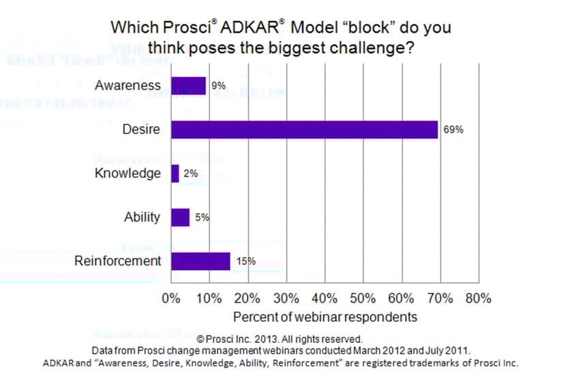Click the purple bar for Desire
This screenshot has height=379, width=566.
304,130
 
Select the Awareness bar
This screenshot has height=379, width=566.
188,86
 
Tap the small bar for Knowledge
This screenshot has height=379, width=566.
175,174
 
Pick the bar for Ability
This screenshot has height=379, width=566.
180,217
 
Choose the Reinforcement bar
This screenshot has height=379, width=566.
200,261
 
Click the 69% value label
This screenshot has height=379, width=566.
453,130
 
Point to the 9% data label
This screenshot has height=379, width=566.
218,87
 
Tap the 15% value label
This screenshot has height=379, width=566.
246,261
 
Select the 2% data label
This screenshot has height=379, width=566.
190,174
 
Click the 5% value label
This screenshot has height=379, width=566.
201,218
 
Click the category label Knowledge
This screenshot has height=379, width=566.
128,173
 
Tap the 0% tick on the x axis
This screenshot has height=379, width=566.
170,299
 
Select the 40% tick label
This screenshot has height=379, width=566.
325,299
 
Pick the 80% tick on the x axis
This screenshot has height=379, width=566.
478,299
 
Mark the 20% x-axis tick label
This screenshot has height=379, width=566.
248,299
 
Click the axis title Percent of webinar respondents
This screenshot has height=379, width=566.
325,317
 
